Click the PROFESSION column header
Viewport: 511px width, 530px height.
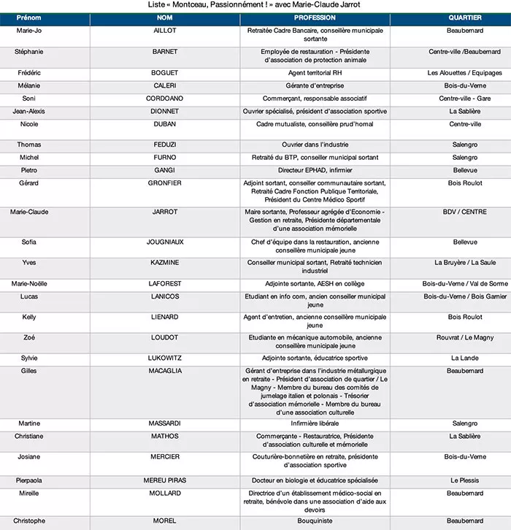coord(315,18)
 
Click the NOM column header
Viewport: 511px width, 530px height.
coord(165,18)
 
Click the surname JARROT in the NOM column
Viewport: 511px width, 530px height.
coord(165,212)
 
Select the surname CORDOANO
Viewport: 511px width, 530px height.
coord(165,98)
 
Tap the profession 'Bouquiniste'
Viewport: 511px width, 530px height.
coord(315,521)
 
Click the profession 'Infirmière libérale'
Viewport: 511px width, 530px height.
coord(315,423)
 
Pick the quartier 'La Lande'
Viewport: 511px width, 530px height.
coord(465,358)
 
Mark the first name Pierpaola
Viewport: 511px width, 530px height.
coord(29,480)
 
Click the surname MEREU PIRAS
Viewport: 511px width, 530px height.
coord(165,480)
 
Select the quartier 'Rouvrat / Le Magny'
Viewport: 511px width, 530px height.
coord(465,337)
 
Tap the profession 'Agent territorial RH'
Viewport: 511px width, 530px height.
coord(315,72)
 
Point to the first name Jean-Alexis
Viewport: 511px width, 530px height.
coord(29,111)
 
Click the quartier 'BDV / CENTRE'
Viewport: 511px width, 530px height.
coord(465,212)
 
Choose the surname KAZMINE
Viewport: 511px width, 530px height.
coord(165,262)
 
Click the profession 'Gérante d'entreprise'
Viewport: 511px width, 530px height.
coord(315,85)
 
